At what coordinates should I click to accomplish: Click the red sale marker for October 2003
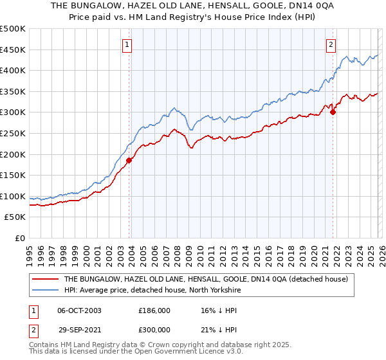click(129, 160)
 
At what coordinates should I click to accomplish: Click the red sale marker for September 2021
click(333, 112)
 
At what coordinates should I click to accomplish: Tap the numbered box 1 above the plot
click(128, 45)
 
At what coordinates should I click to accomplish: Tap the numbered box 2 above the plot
click(331, 45)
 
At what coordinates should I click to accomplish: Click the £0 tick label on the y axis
click(20, 238)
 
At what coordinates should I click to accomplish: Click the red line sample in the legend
click(46, 279)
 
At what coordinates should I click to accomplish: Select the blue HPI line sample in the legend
click(46, 290)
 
